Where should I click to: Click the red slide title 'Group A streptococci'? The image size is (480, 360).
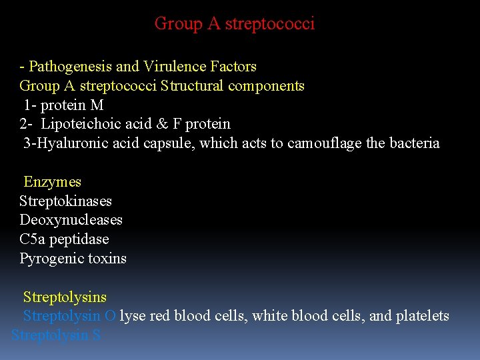[x=234, y=24]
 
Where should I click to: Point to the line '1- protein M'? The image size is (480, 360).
[x=63, y=105]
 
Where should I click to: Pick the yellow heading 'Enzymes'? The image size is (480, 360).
[x=52, y=182]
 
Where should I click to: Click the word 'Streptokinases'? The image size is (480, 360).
[x=65, y=201]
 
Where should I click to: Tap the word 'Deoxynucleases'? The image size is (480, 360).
[x=71, y=220]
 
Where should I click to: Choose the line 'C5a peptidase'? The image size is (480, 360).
[x=64, y=239]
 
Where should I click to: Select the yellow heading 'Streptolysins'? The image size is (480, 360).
[x=65, y=297]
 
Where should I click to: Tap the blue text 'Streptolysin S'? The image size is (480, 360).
[x=56, y=335]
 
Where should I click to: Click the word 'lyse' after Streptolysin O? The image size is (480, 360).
[x=133, y=316]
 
